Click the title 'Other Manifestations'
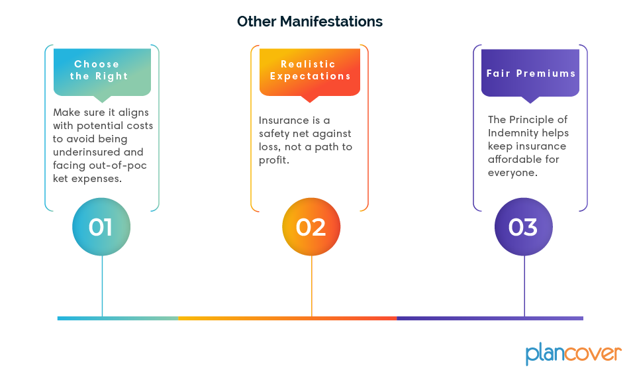[x=310, y=21]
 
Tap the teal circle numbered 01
[x=101, y=227]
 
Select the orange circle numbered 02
[x=311, y=227]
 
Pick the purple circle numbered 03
[x=524, y=227]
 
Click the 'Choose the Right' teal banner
[x=102, y=73]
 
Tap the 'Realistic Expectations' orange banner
[x=310, y=73]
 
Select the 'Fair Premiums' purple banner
[x=530, y=73]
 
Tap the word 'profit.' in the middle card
[x=274, y=161]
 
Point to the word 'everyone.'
[x=512, y=173]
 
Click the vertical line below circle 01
[x=102, y=286]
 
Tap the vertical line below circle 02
[x=312, y=286]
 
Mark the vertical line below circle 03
[x=524, y=286]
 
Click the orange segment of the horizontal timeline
[x=287, y=318]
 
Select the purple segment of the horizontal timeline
[x=490, y=318]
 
